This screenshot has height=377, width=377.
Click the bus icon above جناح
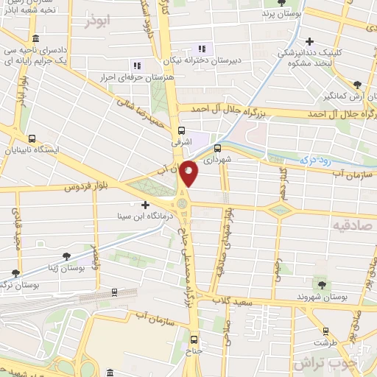pos(194,339)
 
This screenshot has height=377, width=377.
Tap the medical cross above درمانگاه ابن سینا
pos(144,205)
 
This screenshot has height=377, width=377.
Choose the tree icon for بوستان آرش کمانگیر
pos(357,85)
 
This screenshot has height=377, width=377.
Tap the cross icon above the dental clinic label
pos(310,42)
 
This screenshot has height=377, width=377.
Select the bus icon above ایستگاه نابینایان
pos(32,138)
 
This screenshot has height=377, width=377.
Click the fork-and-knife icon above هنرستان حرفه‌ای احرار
pos(135,65)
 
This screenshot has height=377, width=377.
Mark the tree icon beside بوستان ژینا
pos(66,256)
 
